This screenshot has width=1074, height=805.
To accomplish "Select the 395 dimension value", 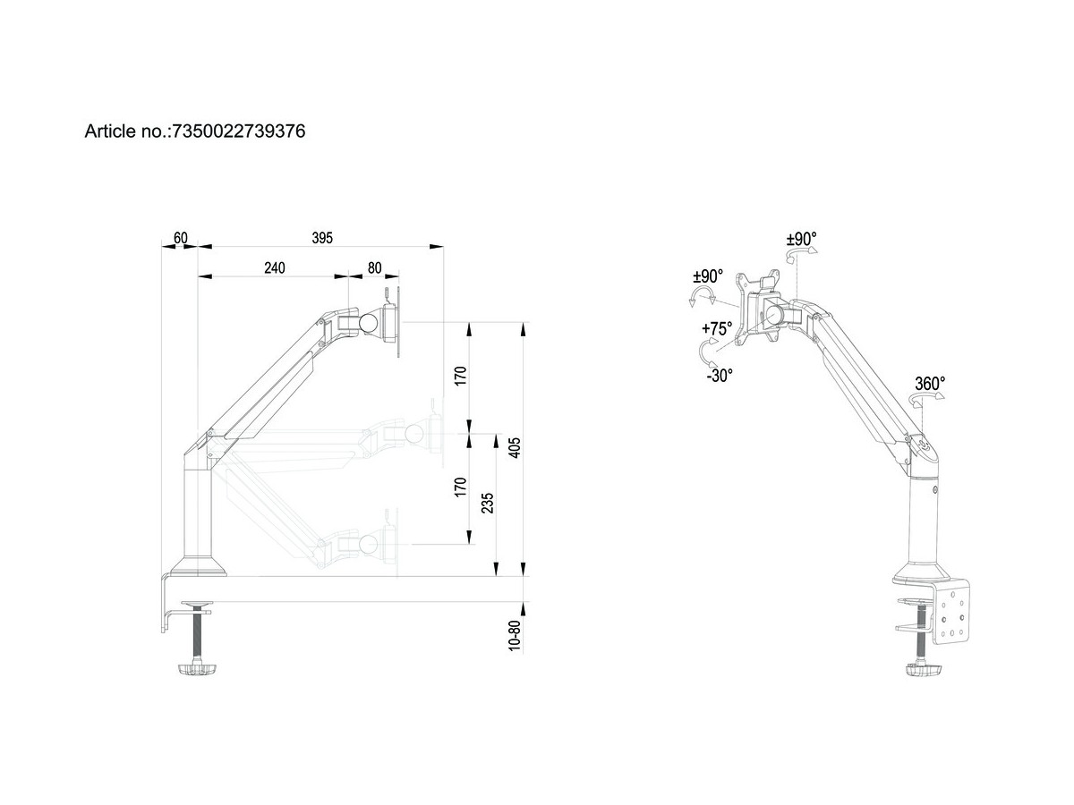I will click(322, 238).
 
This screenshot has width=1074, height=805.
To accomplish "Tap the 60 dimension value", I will click(180, 238).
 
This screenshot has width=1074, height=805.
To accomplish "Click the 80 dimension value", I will click(373, 268).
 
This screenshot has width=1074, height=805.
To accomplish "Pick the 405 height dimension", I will click(515, 447).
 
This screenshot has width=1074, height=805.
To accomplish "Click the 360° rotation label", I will click(929, 384).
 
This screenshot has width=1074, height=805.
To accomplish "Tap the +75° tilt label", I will click(716, 329).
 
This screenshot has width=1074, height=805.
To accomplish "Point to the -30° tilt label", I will click(718, 376).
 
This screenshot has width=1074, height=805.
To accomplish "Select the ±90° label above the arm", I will click(801, 240).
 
